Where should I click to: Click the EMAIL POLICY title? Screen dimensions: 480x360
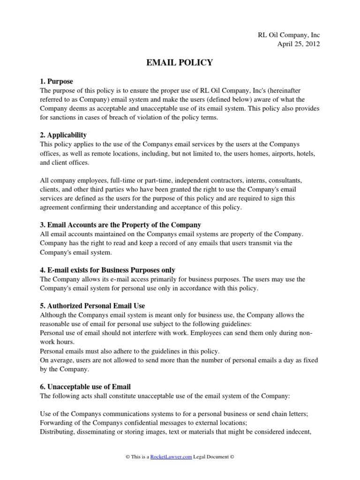pyautogui.click(x=180, y=62)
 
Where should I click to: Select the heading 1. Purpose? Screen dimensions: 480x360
pyautogui.click(x=56, y=82)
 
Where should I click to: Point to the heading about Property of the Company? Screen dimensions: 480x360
pyautogui.click(x=120, y=225)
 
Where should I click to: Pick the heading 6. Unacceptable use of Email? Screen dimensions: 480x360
pyautogui.click(x=85, y=387)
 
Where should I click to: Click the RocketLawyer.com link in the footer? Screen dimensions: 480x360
pyautogui.click(x=171, y=457)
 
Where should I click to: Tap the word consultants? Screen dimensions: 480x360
pyautogui.click(x=282, y=180)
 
